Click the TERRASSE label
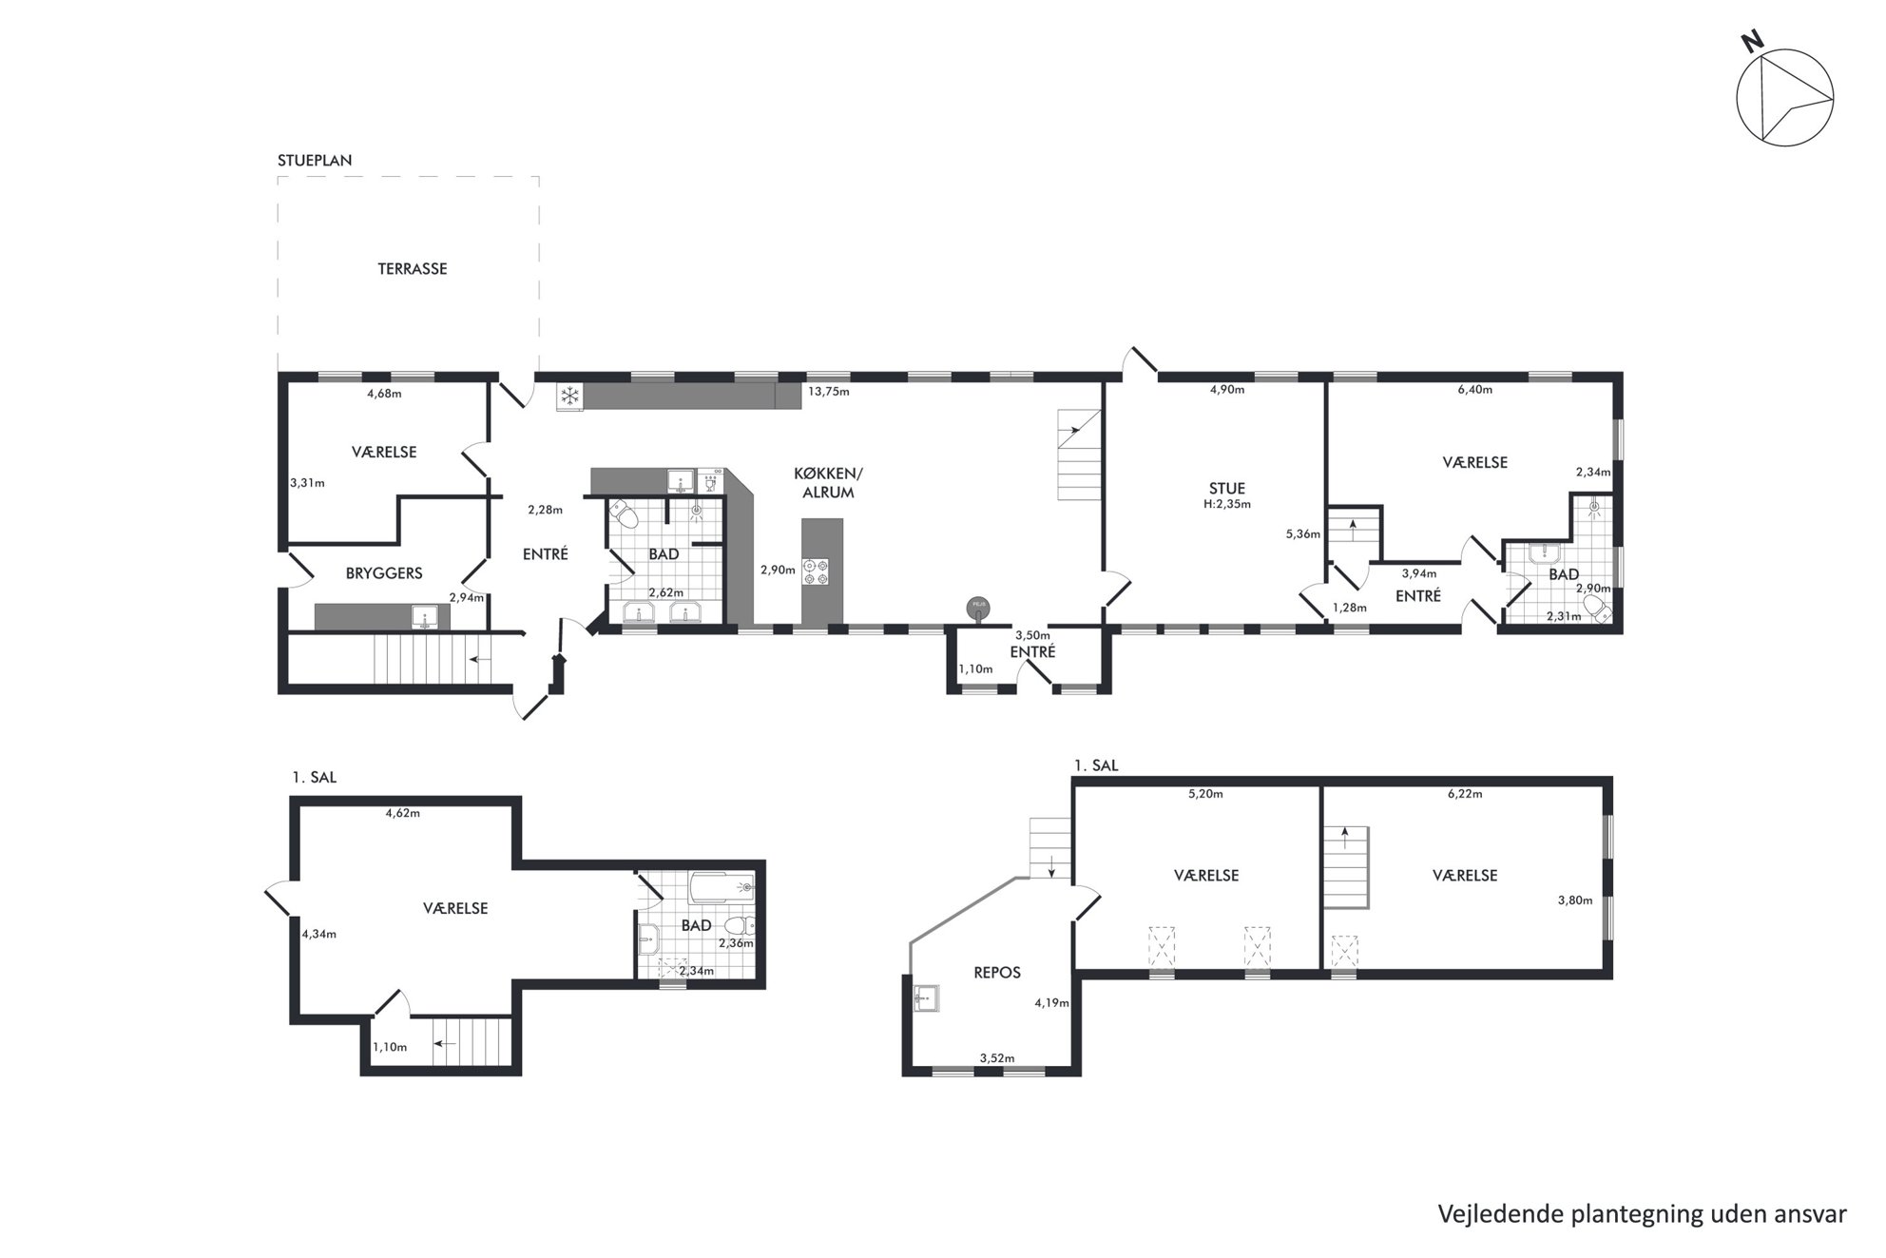click(x=413, y=269)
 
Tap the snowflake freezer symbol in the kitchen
click(x=569, y=397)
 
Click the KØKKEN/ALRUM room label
click(x=828, y=483)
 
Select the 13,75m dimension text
click(x=828, y=391)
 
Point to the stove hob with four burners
click(x=816, y=571)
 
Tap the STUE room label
click(x=1226, y=489)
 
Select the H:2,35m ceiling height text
click(x=1226, y=505)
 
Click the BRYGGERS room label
click(x=384, y=573)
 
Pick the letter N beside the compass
click(x=1752, y=68)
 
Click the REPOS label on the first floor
click(x=997, y=973)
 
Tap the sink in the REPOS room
click(x=925, y=997)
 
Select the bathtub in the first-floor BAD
click(x=722, y=887)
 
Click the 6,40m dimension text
click(x=1474, y=389)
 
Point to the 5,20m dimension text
click(x=1205, y=793)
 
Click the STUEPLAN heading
click(x=315, y=161)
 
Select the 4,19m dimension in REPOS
click(x=1051, y=1002)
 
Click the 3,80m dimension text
click(x=1574, y=900)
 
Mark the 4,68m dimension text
click(x=384, y=393)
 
